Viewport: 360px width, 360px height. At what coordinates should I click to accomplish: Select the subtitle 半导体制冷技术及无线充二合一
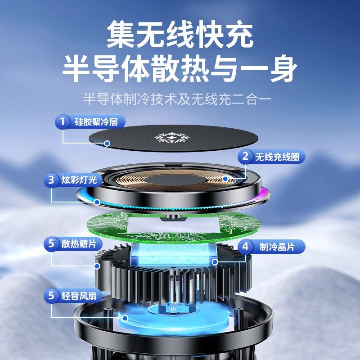point(180,99)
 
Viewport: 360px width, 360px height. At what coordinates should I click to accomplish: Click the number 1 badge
point(63,122)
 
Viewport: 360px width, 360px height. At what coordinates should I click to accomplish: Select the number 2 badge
point(245,157)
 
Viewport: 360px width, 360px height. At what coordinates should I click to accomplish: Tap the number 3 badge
point(51,180)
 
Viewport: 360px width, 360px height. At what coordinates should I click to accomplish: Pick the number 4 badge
point(245,247)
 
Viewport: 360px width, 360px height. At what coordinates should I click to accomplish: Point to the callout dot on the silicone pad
point(107,144)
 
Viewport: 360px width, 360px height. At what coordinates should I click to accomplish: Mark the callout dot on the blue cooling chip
point(215,261)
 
